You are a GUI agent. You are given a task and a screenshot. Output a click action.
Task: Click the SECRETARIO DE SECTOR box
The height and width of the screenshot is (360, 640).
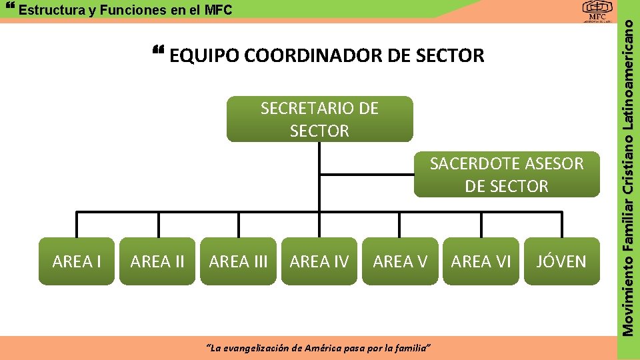tap(319, 119)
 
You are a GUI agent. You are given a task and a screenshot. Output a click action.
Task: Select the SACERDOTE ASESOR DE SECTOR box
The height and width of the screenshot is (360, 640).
tap(507, 175)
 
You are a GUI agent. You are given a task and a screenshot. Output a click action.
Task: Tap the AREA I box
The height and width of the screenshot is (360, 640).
tap(77, 261)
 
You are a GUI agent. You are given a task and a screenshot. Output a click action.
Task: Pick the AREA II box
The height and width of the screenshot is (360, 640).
tap(157, 261)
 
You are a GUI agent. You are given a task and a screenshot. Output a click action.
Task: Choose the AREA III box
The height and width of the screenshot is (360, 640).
tap(238, 261)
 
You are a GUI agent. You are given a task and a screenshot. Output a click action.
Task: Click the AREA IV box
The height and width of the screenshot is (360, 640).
tap(319, 261)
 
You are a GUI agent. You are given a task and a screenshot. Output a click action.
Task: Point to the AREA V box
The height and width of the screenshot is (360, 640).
tap(400, 261)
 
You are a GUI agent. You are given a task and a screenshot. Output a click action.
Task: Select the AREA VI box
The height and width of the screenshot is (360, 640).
tap(481, 261)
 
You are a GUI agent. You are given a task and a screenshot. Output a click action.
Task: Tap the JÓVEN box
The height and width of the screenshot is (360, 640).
tap(561, 261)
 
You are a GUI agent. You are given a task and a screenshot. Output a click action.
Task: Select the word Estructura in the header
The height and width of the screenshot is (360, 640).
tap(47, 10)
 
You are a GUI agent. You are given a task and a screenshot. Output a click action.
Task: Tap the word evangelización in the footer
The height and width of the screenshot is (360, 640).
tap(259, 348)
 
